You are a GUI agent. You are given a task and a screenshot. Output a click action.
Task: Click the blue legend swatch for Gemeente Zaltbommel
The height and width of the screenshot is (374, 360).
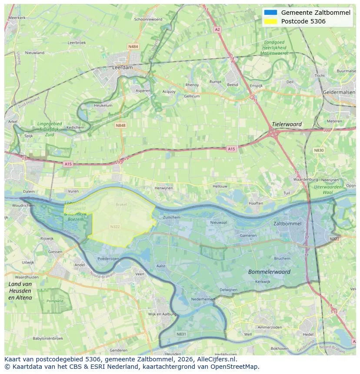pyautogui.click(x=270, y=13)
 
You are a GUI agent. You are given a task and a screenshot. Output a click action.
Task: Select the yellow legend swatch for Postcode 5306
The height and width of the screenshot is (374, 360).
pyautogui.click(x=270, y=21)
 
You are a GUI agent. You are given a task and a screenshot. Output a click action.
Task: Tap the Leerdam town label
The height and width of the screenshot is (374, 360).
pyautogui.click(x=122, y=68)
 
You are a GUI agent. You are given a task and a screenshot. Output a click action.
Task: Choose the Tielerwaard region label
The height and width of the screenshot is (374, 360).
pyautogui.click(x=287, y=124)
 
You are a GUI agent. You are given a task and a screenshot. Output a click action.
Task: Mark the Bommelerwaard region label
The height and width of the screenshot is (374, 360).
pyautogui.click(x=269, y=271)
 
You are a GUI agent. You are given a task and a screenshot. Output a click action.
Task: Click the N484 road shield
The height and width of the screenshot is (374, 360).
pyautogui.click(x=133, y=46)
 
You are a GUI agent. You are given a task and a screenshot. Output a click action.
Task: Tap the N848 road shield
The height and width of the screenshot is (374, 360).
pyautogui.click(x=120, y=125)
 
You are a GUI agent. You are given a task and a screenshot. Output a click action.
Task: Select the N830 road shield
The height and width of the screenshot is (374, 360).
pyautogui.click(x=319, y=150)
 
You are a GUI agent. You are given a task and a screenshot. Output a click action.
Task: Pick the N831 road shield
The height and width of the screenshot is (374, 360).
pyautogui.click(x=181, y=334)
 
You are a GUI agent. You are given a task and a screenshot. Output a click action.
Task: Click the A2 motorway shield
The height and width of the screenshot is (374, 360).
pyautogui.click(x=217, y=30)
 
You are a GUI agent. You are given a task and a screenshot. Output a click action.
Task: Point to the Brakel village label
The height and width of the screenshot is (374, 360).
pyautogui.click(x=121, y=204)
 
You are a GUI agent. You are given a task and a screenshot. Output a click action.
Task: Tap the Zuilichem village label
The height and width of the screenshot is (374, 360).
pyautogui.click(x=171, y=217)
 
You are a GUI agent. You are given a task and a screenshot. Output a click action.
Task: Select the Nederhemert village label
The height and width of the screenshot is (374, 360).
pyautogui.click(x=203, y=299)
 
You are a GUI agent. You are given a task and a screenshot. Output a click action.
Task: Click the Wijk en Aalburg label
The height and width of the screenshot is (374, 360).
pyautogui.click(x=162, y=314)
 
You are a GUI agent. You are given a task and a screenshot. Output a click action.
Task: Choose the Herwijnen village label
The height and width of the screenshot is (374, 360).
pyautogui.click(x=163, y=188)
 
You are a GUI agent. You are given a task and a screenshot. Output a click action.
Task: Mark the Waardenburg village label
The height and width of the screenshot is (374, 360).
pyautogui.click(x=304, y=179)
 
